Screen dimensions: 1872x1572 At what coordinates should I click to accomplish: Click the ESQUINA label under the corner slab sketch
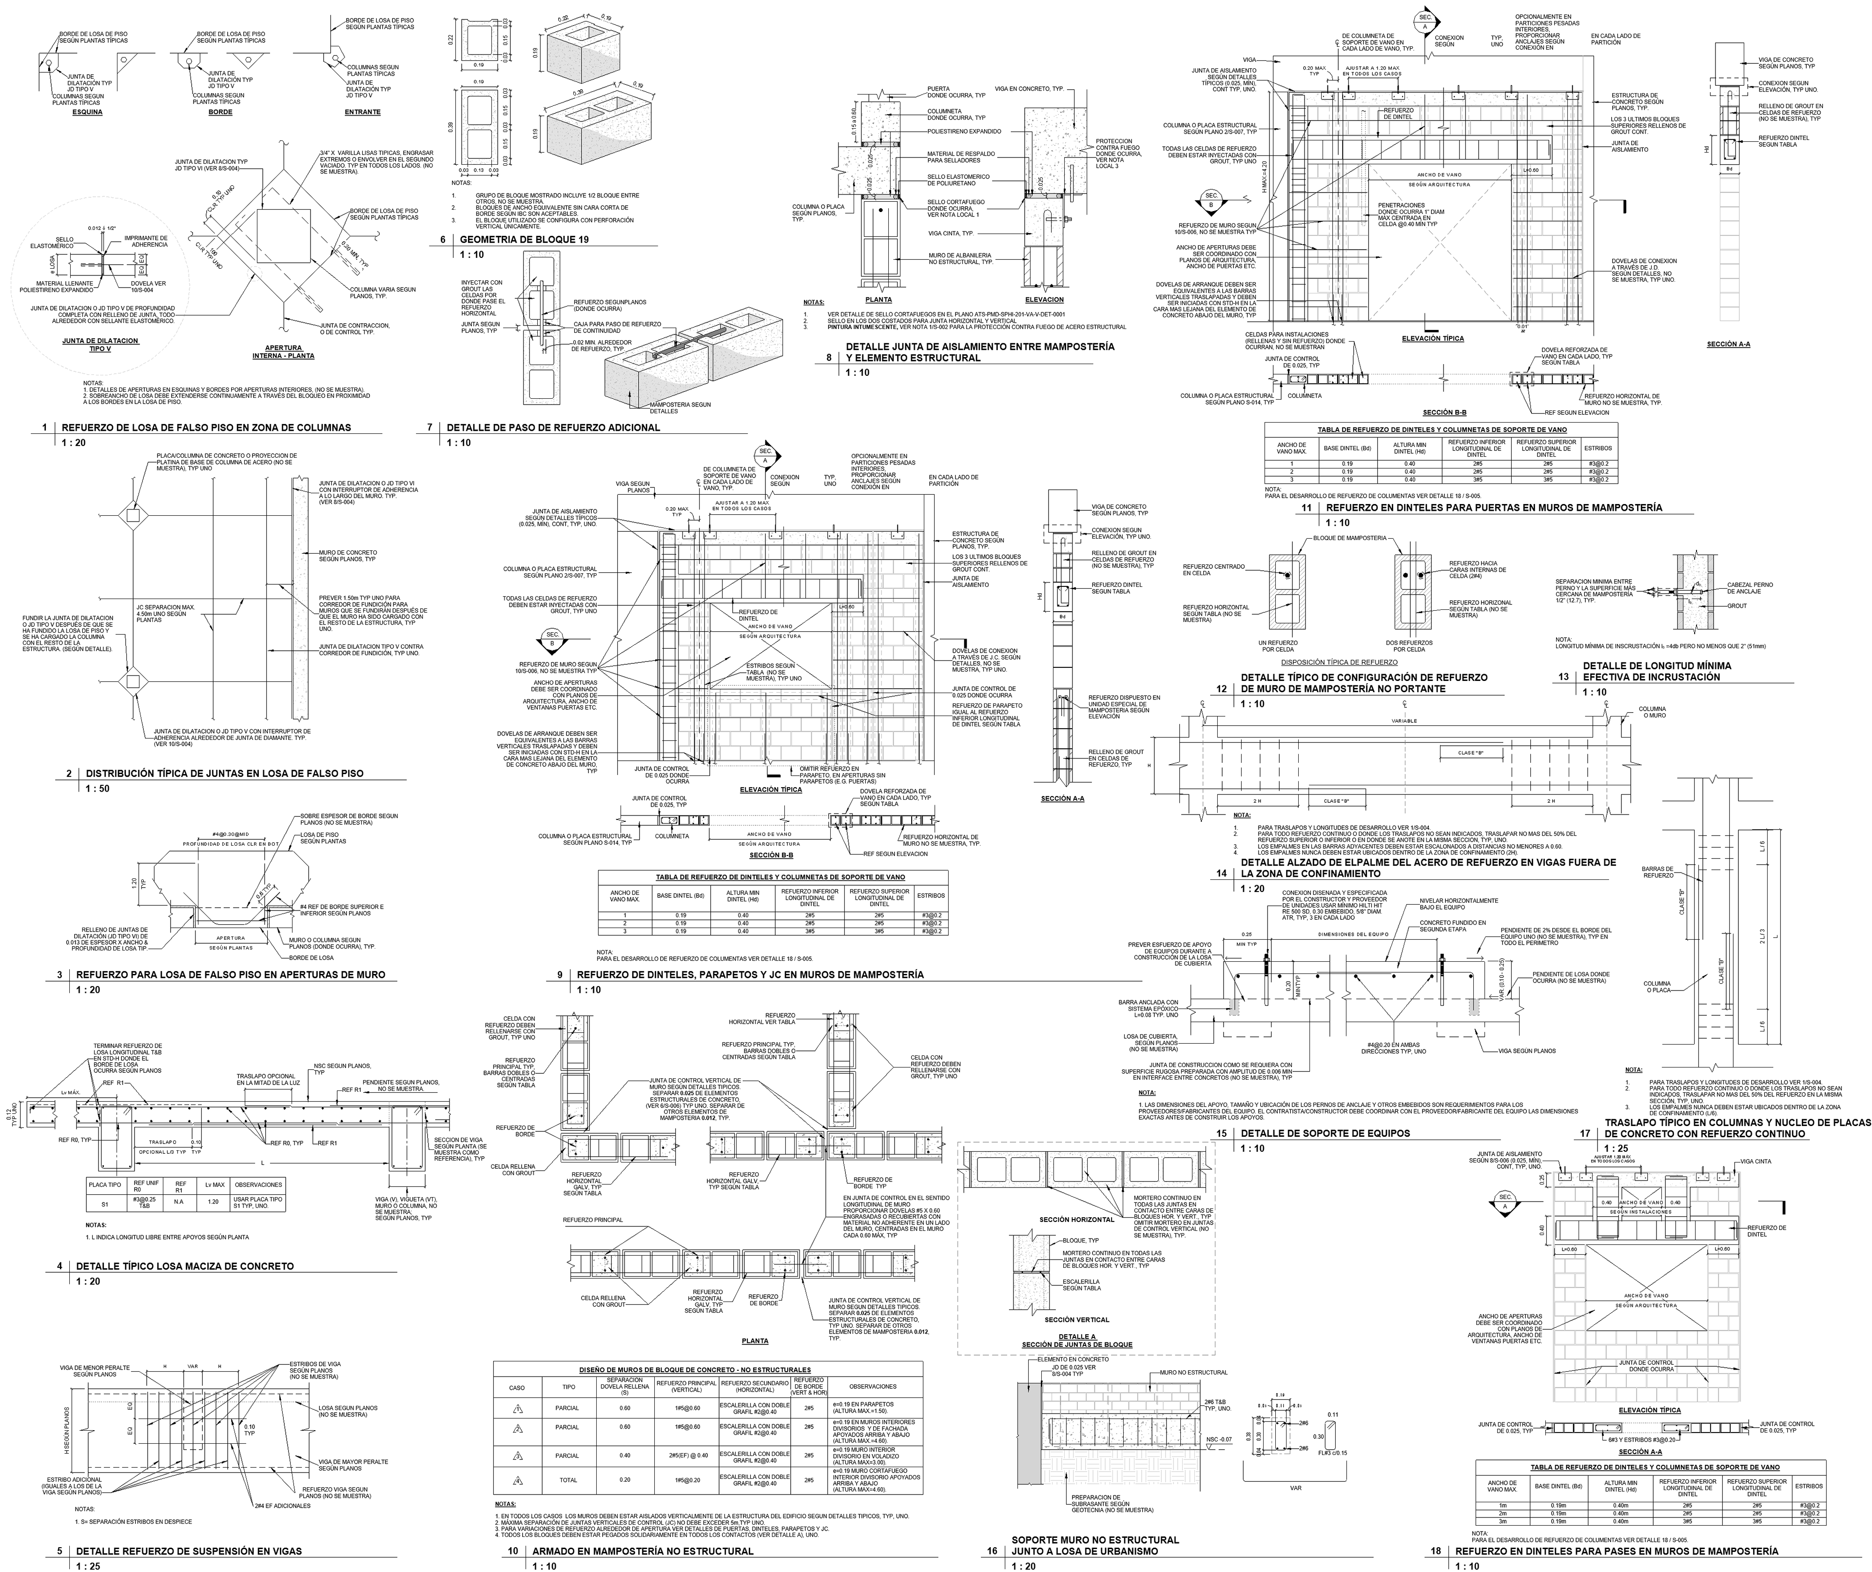click(87, 112)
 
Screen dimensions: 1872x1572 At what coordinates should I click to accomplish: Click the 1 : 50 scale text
click(98, 789)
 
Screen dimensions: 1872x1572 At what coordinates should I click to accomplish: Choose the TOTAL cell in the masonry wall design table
click(567, 1480)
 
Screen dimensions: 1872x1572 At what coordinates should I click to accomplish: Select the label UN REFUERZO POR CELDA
click(1277, 646)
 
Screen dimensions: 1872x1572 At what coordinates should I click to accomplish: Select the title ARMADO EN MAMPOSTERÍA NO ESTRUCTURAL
click(643, 1551)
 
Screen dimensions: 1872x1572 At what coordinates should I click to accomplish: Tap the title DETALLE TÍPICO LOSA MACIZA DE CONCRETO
click(185, 1265)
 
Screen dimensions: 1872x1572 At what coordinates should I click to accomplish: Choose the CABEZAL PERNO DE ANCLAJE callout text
click(1750, 588)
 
